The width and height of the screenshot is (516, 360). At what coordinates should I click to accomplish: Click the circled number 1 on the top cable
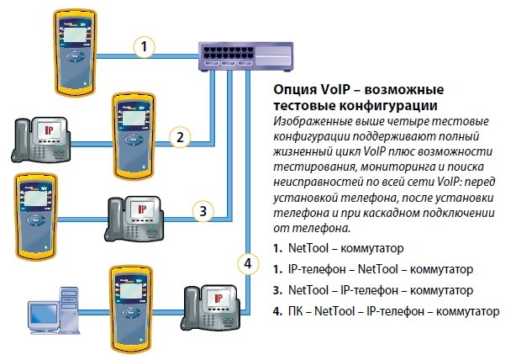click(146, 48)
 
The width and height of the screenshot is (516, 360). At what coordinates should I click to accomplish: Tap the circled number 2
click(178, 135)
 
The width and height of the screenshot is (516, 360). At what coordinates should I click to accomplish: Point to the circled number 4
click(247, 263)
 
